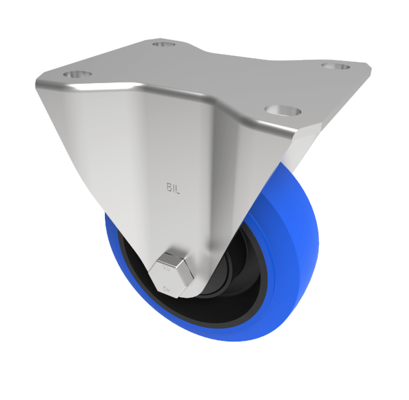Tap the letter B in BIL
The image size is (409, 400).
168,185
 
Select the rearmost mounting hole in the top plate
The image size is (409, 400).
162,44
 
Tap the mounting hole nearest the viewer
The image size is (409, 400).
279,108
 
